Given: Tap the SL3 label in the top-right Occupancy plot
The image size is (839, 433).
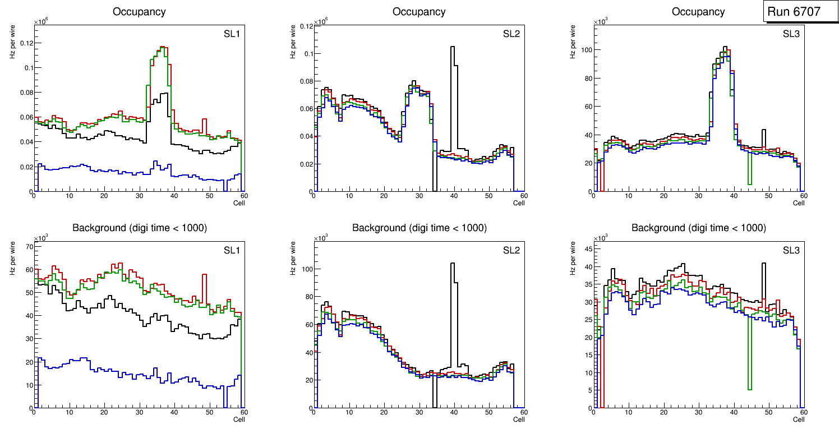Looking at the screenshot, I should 791,34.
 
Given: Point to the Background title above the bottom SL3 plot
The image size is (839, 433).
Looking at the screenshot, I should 698,228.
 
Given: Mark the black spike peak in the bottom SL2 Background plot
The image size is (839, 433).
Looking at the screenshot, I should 453,264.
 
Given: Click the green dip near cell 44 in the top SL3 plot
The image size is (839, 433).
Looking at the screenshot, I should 749,183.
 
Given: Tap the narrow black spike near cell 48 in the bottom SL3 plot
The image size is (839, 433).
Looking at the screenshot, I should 763,264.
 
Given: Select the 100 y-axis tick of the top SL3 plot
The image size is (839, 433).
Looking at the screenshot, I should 587,50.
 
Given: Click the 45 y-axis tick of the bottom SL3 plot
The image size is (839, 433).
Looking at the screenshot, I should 587,250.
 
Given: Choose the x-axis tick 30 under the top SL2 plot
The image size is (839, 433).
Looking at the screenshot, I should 419,196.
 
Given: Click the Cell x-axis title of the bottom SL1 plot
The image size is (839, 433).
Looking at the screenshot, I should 238,419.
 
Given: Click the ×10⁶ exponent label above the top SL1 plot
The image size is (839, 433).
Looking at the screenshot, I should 40,22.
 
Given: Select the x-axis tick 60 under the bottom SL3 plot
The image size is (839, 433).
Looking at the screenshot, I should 803,412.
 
